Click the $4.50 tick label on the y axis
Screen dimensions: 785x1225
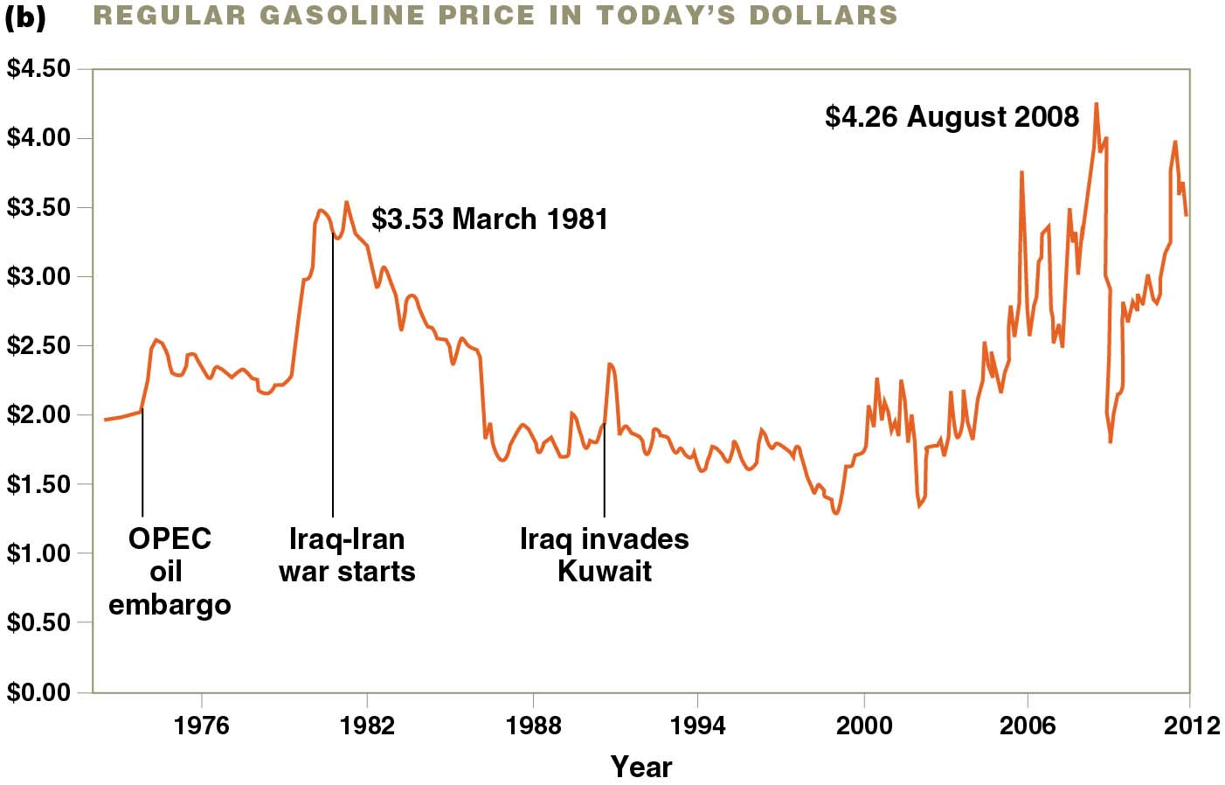pyautogui.click(x=38, y=69)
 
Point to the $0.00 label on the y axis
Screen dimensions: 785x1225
pyautogui.click(x=38, y=692)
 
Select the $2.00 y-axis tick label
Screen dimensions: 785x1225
pyautogui.click(x=38, y=415)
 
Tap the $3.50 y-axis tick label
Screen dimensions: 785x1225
pyautogui.click(x=38, y=208)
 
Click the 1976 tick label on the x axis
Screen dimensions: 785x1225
pyautogui.click(x=201, y=726)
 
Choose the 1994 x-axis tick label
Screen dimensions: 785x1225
pyautogui.click(x=697, y=726)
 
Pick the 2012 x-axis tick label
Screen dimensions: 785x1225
pyautogui.click(x=1192, y=726)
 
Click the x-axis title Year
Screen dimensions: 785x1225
pyautogui.click(x=641, y=767)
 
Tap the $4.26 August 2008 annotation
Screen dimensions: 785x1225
pyautogui.click(x=952, y=117)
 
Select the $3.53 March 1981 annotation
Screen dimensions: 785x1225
pyautogui.click(x=489, y=219)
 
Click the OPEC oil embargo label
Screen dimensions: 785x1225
pyautogui.click(x=170, y=571)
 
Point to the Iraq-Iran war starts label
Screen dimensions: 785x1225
pyautogui.click(x=347, y=555)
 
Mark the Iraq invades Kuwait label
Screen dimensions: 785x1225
pyautogui.click(x=604, y=555)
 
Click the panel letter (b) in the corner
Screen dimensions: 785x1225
pyautogui.click(x=24, y=17)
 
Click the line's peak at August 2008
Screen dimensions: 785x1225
pyautogui.click(x=1097, y=104)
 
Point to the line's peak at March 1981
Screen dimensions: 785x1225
pyautogui.click(x=347, y=202)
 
